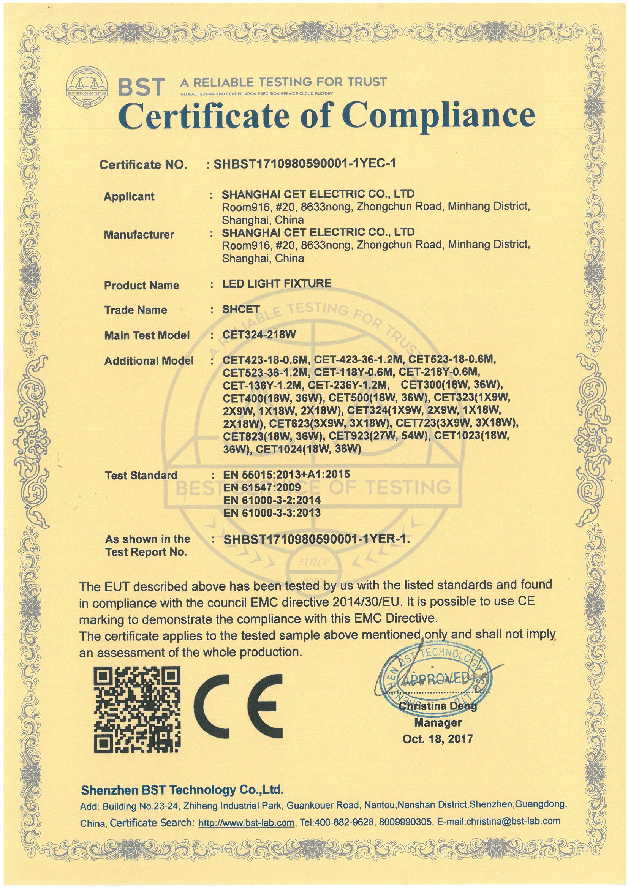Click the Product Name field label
click(141, 286)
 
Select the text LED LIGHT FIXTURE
click(277, 283)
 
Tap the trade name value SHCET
click(240, 309)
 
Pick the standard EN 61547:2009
click(262, 487)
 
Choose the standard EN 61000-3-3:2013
click(272, 512)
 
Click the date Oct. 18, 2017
click(438, 739)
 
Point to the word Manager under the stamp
click(438, 722)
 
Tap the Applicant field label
click(129, 196)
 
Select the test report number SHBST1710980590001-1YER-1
click(316, 539)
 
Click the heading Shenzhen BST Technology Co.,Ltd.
click(182, 790)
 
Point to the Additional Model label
click(149, 361)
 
